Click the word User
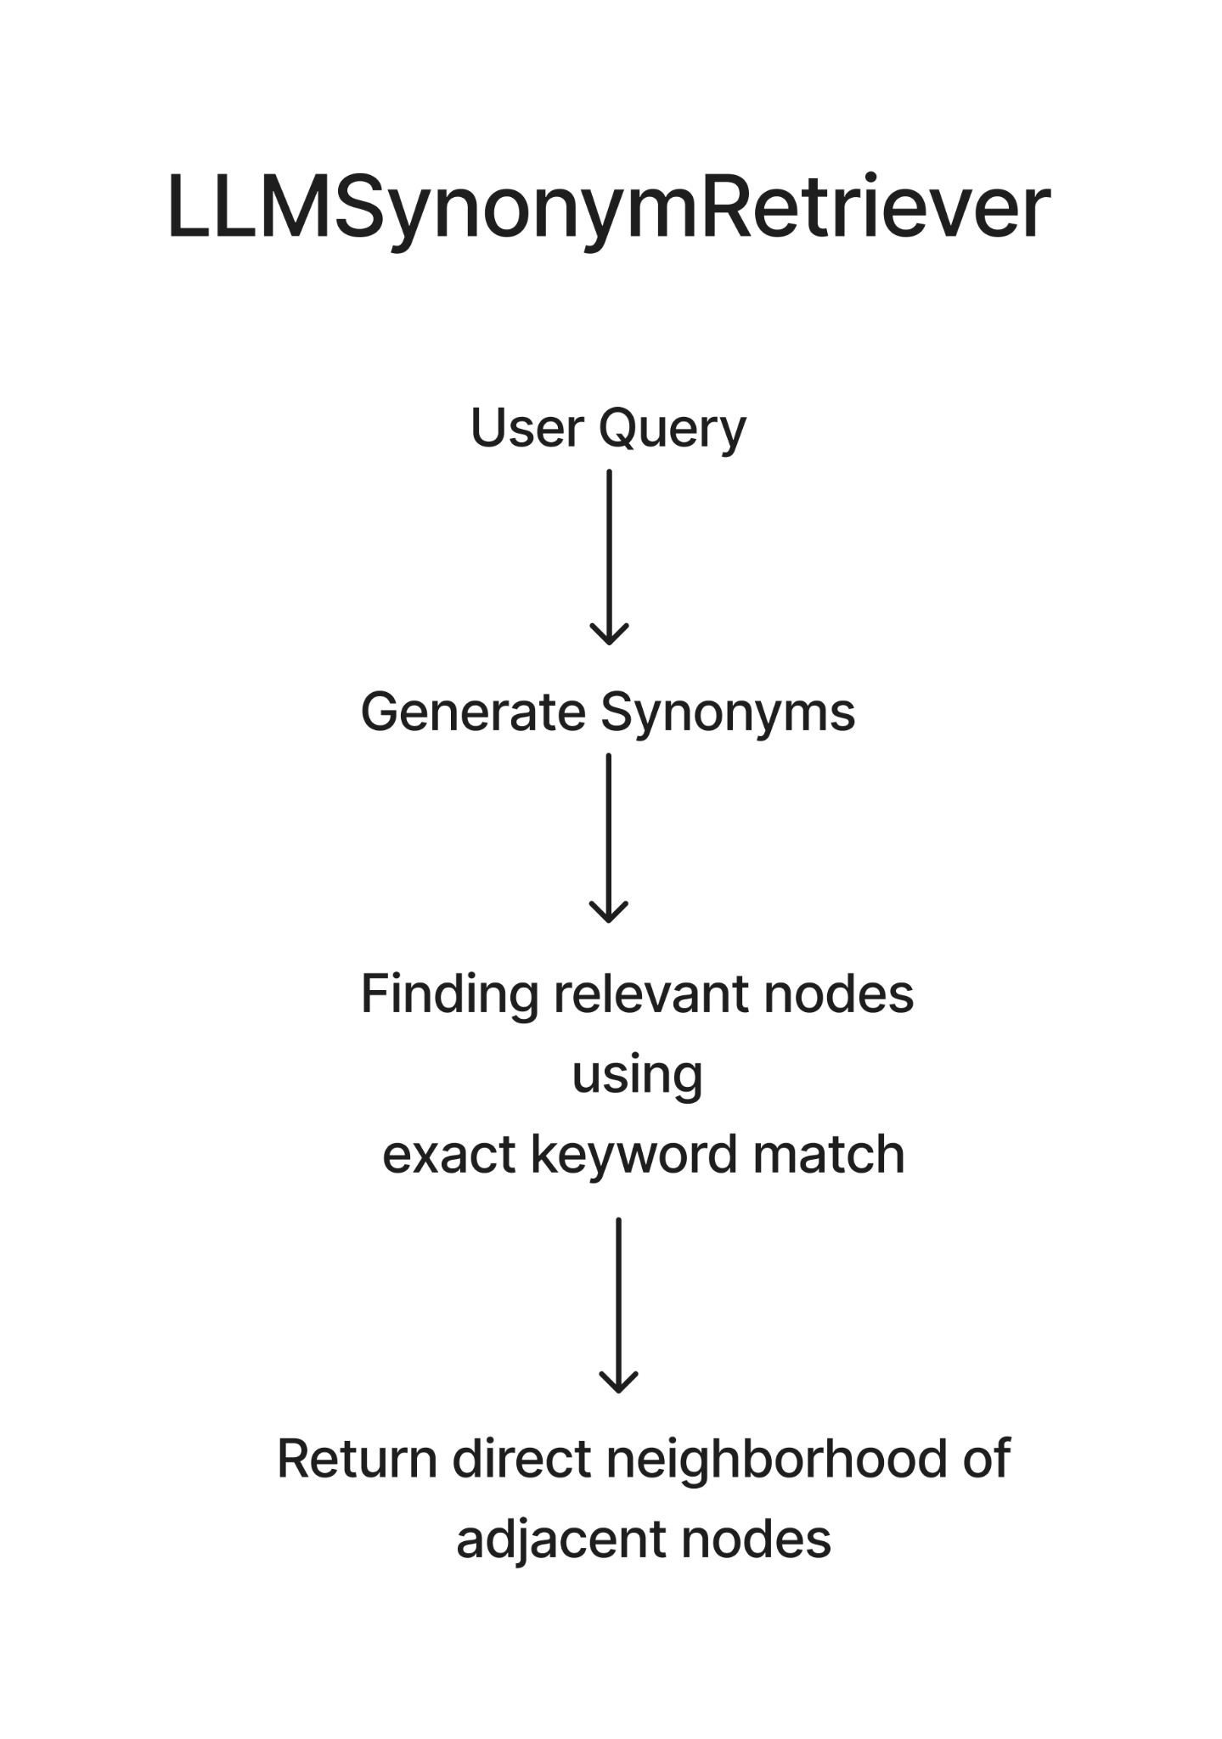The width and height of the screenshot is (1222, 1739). point(527,428)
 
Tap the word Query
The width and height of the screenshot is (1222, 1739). point(673,431)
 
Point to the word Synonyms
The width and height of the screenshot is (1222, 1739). point(728,715)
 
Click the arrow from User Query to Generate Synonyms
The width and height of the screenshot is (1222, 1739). point(609,557)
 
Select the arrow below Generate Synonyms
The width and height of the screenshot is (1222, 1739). point(609,838)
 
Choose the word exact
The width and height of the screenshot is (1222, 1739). point(448,1157)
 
